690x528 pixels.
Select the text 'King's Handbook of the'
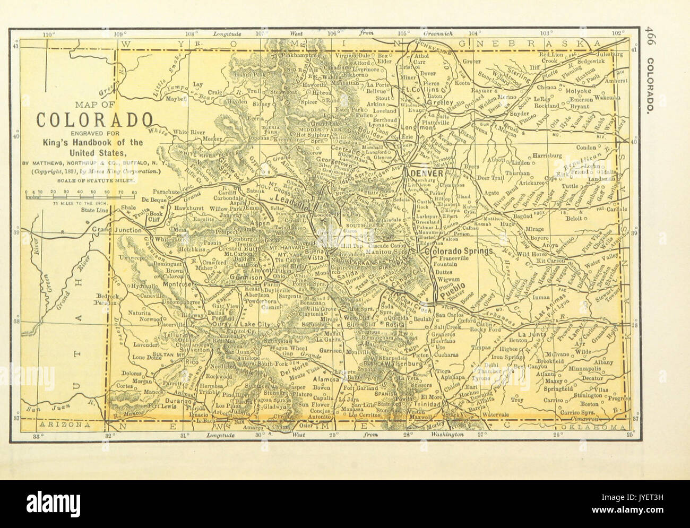pyautogui.click(x=86, y=142)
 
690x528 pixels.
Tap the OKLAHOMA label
pyautogui.click(x=599, y=427)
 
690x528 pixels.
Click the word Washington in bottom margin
pyautogui.click(x=445, y=435)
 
